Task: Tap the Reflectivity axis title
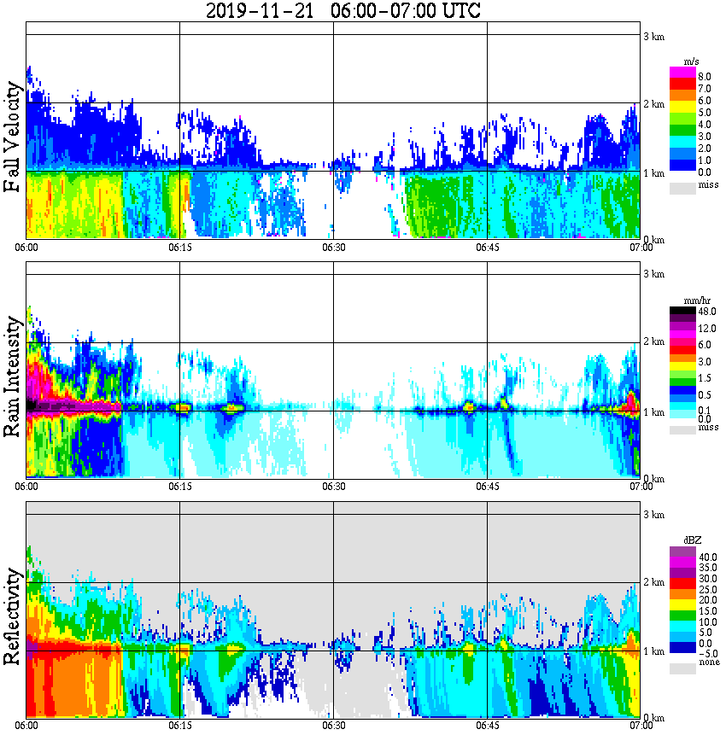tap(13, 618)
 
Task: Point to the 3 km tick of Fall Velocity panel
tap(654, 36)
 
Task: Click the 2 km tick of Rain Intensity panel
tap(654, 342)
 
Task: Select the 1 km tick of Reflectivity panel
tap(654, 652)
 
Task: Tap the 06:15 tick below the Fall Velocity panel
tap(179, 248)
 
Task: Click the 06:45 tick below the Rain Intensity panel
tap(487, 486)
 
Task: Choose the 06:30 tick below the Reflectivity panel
tap(333, 726)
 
